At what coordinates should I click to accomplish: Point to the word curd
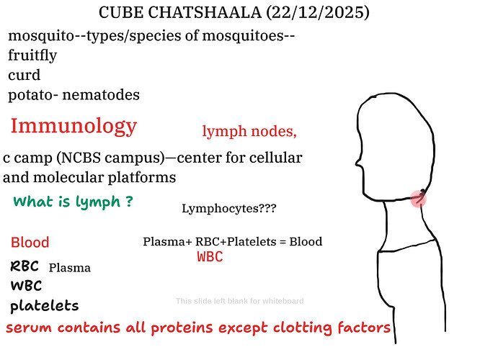pos(25,75)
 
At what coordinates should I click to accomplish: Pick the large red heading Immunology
pos(74,126)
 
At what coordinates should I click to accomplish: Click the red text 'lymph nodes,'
pos(249,132)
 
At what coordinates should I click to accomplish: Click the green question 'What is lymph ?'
pos(73,202)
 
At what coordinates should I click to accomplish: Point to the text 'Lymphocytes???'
pos(228,209)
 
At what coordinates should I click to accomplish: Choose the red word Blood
pos(30,242)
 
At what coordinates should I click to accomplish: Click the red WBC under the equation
pos(210,257)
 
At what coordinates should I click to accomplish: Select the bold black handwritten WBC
pos(26,286)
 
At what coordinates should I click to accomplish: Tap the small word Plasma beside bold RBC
pos(70,268)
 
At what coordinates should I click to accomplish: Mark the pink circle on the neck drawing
pos(418,198)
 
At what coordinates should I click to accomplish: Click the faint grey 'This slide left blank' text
pos(239,301)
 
